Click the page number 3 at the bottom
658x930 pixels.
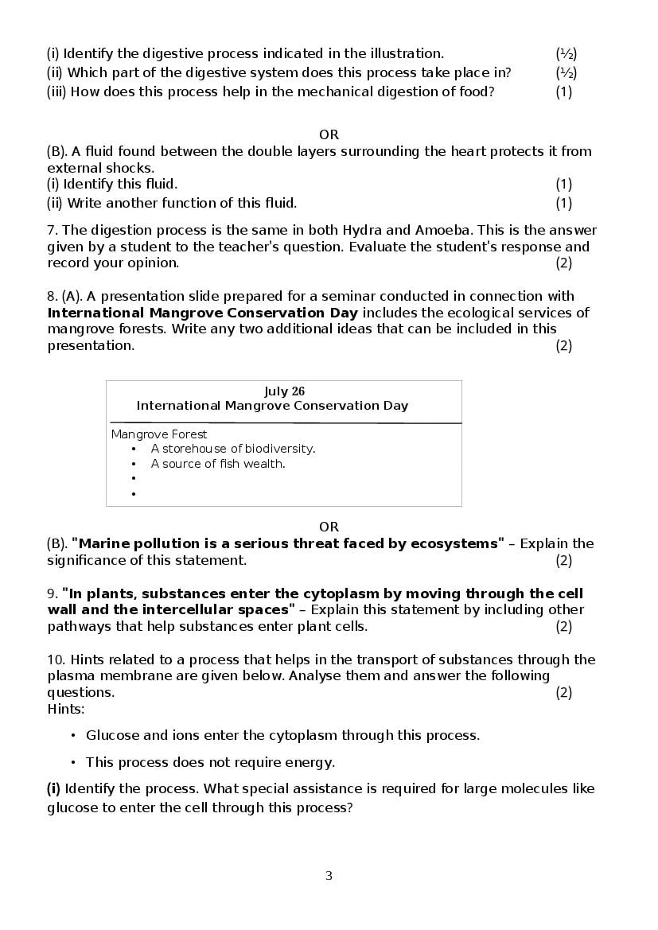tap(329, 876)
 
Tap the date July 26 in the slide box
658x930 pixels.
tap(284, 391)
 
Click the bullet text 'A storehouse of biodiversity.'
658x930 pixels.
tap(233, 449)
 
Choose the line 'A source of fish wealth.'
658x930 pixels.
tap(218, 464)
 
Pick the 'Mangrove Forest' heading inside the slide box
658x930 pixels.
tap(159, 434)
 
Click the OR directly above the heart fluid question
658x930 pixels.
tap(329, 134)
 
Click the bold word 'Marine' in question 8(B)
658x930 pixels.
tap(103, 543)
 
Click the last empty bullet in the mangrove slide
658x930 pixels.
tap(134, 494)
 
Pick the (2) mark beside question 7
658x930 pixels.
tap(563, 263)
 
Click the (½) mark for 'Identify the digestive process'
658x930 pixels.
tap(566, 53)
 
